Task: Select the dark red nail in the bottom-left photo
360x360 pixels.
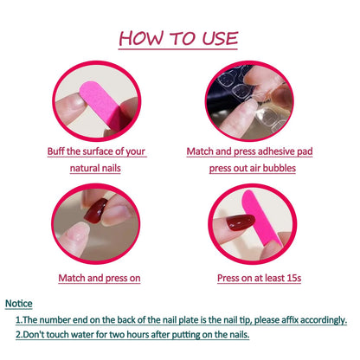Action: pyautogui.click(x=94, y=210)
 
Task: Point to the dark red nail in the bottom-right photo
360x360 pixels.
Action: pyautogui.click(x=241, y=223)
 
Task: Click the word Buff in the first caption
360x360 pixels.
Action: pyautogui.click(x=58, y=151)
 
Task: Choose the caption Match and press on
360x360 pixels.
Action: pyautogui.click(x=99, y=278)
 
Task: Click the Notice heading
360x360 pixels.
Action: pyautogui.click(x=20, y=304)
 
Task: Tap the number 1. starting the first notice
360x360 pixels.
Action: pyautogui.click(x=19, y=319)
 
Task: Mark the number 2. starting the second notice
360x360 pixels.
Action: pyautogui.click(x=19, y=334)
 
